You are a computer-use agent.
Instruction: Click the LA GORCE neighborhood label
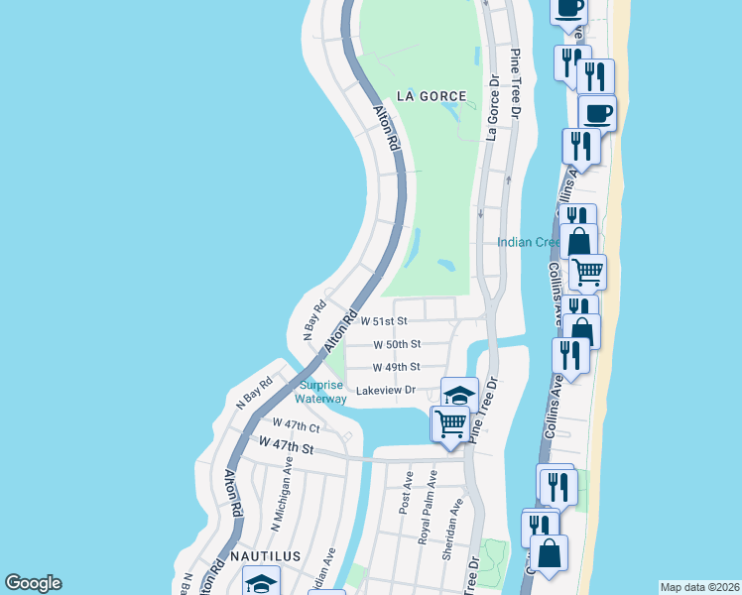pos(431,96)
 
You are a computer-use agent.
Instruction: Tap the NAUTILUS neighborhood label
pos(266,557)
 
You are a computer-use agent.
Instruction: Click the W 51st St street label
pos(384,322)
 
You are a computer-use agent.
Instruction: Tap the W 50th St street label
pos(397,344)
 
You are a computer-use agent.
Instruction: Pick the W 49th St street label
pos(397,367)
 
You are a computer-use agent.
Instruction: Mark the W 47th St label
pos(286,449)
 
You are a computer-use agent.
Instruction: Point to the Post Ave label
pos(406,492)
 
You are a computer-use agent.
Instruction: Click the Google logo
pos(33,583)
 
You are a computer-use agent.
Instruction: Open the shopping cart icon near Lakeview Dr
pos(450,423)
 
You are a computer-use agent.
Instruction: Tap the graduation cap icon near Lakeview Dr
pos(459,394)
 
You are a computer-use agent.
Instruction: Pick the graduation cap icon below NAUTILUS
pos(261,582)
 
